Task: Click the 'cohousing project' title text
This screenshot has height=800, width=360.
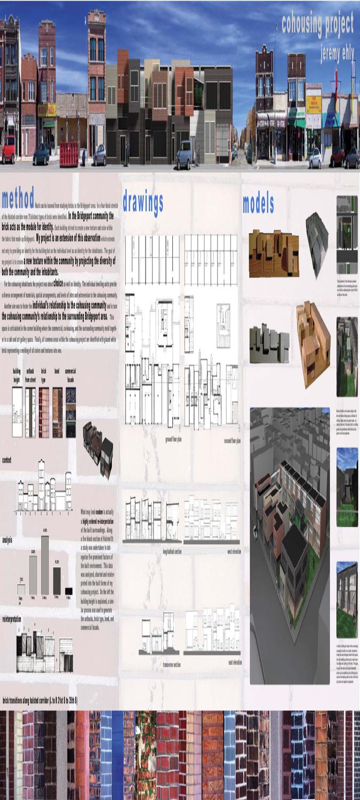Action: click(317, 24)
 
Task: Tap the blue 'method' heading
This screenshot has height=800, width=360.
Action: click(18, 198)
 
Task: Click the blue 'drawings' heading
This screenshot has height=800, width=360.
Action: click(143, 202)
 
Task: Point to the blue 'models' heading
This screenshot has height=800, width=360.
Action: click(258, 204)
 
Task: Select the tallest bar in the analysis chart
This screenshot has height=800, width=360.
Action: click(45, 565)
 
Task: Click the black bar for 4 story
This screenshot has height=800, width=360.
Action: click(68, 591)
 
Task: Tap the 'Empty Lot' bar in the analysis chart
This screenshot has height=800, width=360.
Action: click(21, 589)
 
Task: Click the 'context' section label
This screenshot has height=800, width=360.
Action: click(7, 460)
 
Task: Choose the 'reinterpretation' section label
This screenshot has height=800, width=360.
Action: click(12, 619)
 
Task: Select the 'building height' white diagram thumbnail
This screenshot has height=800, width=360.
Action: click(17, 412)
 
